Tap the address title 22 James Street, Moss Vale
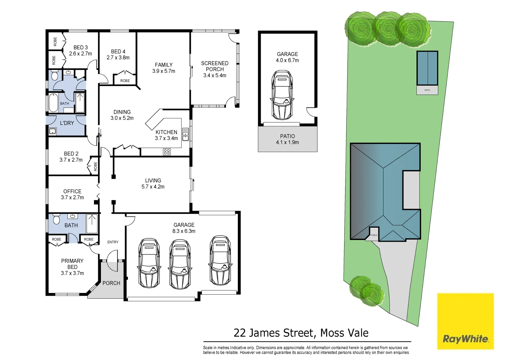pyautogui.click(x=301, y=333)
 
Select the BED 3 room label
pyautogui.click(x=81, y=50)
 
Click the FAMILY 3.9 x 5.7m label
pyautogui.click(x=164, y=68)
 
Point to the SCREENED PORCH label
pyautogui.click(x=215, y=69)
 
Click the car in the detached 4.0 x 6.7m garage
pyautogui.click(x=282, y=95)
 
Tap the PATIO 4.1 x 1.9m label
pyautogui.click(x=287, y=139)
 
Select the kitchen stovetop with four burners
pyautogui.click(x=167, y=152)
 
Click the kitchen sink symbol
pyautogui.click(x=186, y=134)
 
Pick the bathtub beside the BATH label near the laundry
pyautogui.click(x=53, y=103)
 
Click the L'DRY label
pyautogui.click(x=67, y=123)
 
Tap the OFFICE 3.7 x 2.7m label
pyautogui.click(x=72, y=194)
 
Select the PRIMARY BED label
pyautogui.click(x=72, y=267)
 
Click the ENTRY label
pyautogui.click(x=113, y=242)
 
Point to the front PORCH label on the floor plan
pyautogui.click(x=111, y=283)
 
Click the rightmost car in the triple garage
pyautogui.click(x=220, y=260)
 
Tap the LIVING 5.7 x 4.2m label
pyautogui.click(x=153, y=183)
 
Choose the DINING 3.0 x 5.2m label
pyautogui.click(x=122, y=115)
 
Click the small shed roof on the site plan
pyautogui.click(x=427, y=68)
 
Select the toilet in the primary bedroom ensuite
pyautogui.click(x=56, y=220)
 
